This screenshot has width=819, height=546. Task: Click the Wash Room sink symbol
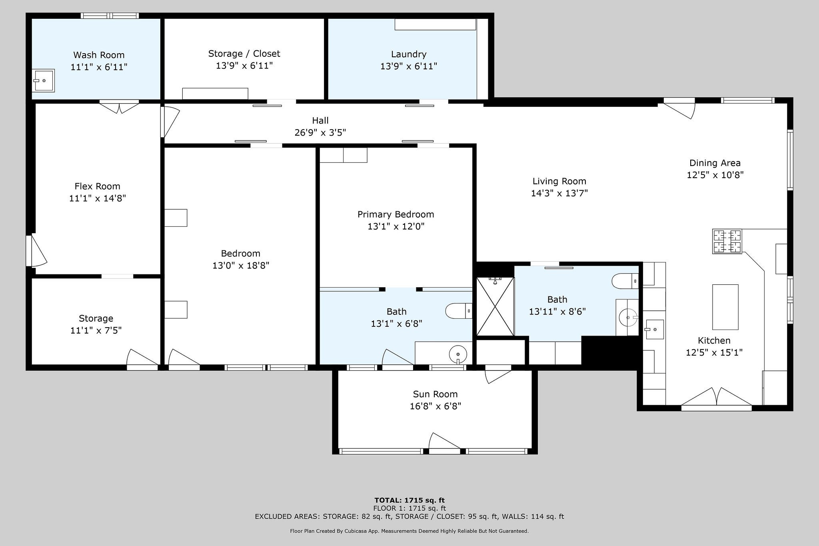pos(43,81)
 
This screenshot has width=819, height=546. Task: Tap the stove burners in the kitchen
pos(727,241)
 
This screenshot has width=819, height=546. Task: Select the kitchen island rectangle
pos(725,307)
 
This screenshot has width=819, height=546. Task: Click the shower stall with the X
pos(495,306)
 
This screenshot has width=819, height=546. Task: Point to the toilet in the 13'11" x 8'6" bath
pos(625,281)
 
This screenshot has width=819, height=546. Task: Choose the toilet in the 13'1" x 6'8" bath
pos(459,311)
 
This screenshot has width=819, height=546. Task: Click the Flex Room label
pos(97,186)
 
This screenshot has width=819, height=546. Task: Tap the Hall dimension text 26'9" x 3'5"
pos(320,132)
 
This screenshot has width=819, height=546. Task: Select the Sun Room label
pos(435,394)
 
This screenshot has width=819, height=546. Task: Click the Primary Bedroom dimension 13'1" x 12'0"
pos(396,226)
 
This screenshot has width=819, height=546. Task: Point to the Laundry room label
pos(409,54)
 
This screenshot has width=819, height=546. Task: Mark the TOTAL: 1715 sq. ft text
pos(409,500)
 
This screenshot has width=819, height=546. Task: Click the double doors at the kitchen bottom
pos(717,398)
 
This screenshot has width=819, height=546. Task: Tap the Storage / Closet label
pos(244,54)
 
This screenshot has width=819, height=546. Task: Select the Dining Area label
pos(715,163)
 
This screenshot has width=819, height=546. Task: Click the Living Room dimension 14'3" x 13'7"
pos(559,193)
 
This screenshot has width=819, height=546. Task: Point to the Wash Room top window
pos(110,16)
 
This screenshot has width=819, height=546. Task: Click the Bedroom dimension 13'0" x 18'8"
pos(241,265)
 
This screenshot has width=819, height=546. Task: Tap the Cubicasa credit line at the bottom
pos(409,531)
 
